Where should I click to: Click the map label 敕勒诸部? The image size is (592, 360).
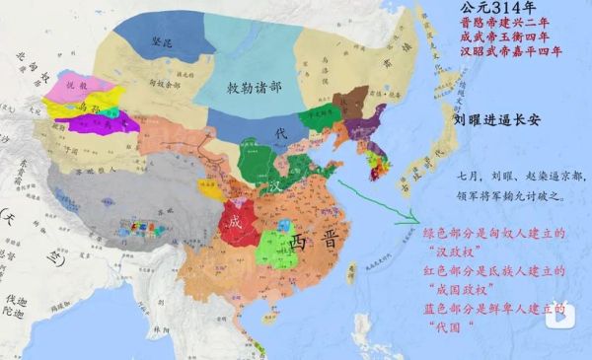tap(242, 87)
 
